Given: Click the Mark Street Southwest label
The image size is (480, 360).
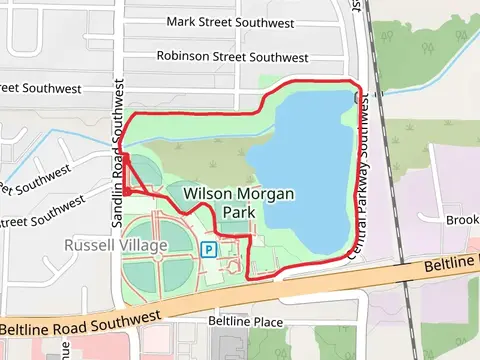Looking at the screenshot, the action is point(231,21).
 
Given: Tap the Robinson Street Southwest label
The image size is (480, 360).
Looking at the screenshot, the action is point(232,58).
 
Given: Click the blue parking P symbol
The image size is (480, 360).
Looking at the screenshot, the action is point(209,249).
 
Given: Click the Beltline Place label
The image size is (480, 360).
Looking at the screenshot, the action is point(245,322).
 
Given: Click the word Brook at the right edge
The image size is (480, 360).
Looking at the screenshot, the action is point(462,220).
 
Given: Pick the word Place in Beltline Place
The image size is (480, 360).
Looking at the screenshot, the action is point(267,322).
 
